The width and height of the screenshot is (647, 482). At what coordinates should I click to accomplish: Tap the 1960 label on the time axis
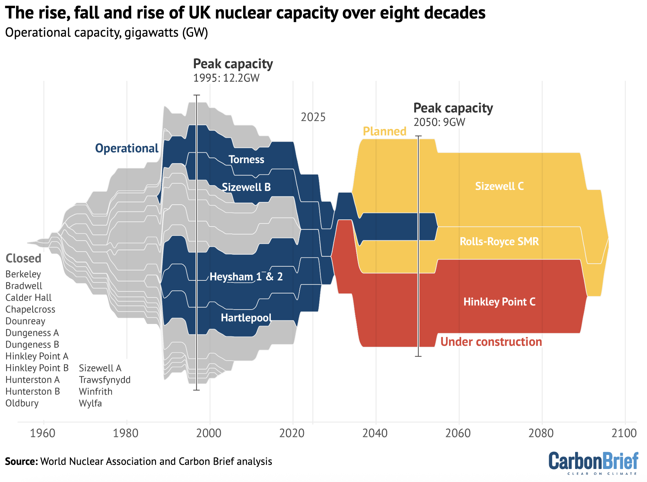tap(43, 433)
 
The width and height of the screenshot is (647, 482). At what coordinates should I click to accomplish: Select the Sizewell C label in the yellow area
tap(499, 186)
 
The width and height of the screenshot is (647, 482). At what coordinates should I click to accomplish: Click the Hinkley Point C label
tap(499, 302)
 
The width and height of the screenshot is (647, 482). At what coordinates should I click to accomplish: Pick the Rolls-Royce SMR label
tap(499, 241)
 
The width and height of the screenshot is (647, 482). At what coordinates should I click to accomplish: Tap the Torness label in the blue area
tap(246, 159)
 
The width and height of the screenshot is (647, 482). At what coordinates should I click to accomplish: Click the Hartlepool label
tap(246, 318)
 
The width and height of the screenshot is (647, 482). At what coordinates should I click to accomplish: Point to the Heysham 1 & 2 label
tap(246, 277)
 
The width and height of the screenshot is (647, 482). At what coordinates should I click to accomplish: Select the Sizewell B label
tap(246, 187)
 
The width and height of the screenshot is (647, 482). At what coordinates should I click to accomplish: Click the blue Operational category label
tap(127, 148)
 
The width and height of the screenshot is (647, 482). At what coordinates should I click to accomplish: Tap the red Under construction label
tap(491, 342)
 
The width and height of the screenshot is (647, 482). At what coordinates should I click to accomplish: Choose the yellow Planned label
tap(384, 131)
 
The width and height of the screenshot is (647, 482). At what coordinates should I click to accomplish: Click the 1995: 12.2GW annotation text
tap(226, 78)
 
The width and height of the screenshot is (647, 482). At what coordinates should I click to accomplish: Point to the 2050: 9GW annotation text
tap(439, 122)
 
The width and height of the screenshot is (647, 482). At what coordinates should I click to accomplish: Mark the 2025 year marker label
tap(313, 117)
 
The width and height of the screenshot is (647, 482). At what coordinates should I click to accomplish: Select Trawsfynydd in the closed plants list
tap(105, 380)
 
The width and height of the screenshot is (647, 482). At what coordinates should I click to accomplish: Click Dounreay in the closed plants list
tap(25, 321)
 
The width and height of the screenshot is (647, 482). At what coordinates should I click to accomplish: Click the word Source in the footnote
tap(21, 461)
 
